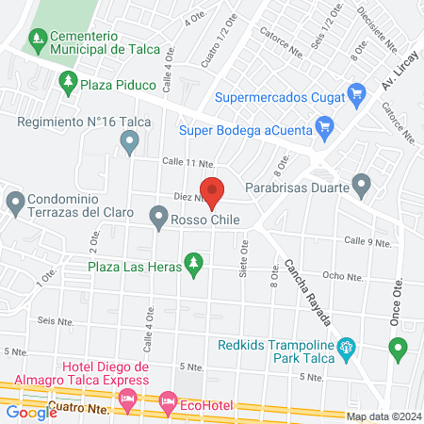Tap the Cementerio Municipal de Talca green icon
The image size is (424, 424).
coord(38,39)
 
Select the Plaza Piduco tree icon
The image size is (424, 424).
coord(68,84)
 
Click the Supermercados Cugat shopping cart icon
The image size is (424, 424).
coord(356,94)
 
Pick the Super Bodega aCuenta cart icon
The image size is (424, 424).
coord(324,124)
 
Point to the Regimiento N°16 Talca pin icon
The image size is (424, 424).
coord(130,142)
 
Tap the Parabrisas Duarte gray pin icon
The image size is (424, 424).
coord(361,185)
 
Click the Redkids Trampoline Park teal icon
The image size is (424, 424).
coord(346,348)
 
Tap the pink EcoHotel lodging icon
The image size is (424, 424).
coord(167,402)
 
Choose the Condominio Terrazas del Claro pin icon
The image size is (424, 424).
coord(15,202)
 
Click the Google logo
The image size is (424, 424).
coord(31,412)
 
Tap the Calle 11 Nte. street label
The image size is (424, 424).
coord(185,161)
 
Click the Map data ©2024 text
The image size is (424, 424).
coord(382,416)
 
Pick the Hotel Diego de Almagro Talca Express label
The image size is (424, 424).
coord(106,373)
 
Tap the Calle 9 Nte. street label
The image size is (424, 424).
coord(367,241)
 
